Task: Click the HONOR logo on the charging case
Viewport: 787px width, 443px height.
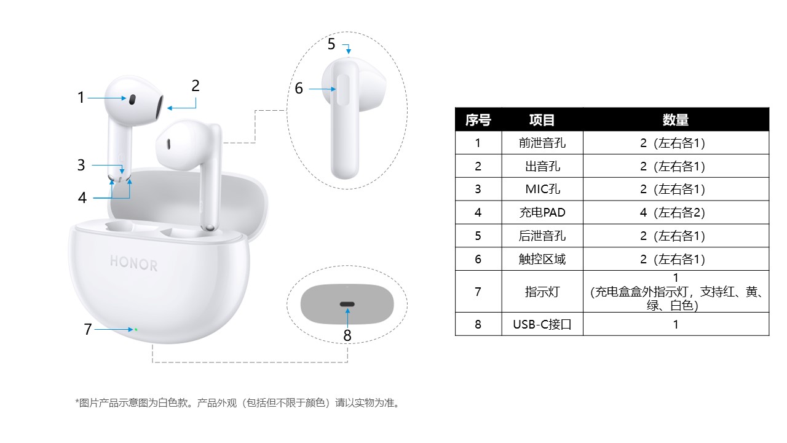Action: click(x=134, y=263)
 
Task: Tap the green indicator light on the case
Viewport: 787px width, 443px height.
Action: click(x=136, y=329)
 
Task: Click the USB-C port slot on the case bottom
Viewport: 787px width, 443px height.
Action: click(x=347, y=304)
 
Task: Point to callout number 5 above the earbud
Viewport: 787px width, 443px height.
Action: click(x=331, y=44)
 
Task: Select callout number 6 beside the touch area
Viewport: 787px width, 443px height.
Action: click(x=299, y=88)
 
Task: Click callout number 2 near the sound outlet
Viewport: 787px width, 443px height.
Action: click(x=196, y=86)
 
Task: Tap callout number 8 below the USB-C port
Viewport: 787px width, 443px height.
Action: click(x=347, y=335)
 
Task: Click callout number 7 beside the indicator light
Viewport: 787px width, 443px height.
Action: click(x=88, y=329)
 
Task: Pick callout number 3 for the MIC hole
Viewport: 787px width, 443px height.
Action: click(x=81, y=165)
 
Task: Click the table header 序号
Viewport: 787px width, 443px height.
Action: click(x=478, y=120)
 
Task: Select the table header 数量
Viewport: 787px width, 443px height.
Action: click(x=675, y=120)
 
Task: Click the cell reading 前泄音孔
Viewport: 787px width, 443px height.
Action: click(x=542, y=143)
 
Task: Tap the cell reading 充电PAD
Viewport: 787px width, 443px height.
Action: click(x=542, y=212)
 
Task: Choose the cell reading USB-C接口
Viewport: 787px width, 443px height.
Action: click(x=542, y=324)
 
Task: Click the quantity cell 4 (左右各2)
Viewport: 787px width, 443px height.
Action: click(x=673, y=212)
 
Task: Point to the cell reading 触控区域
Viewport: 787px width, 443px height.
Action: click(x=542, y=259)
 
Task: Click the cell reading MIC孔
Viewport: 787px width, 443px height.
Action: click(x=542, y=189)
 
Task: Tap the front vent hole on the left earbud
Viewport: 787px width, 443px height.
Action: click(x=132, y=100)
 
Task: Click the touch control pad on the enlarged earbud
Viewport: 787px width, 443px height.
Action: click(x=343, y=90)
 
